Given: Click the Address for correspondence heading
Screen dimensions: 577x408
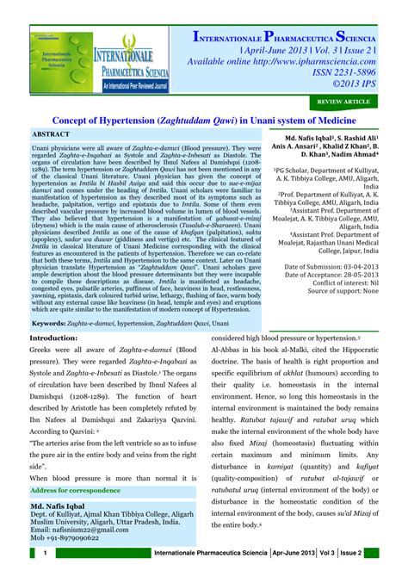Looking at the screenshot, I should (75, 490).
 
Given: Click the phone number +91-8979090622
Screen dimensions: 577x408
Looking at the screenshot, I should (77, 537).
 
